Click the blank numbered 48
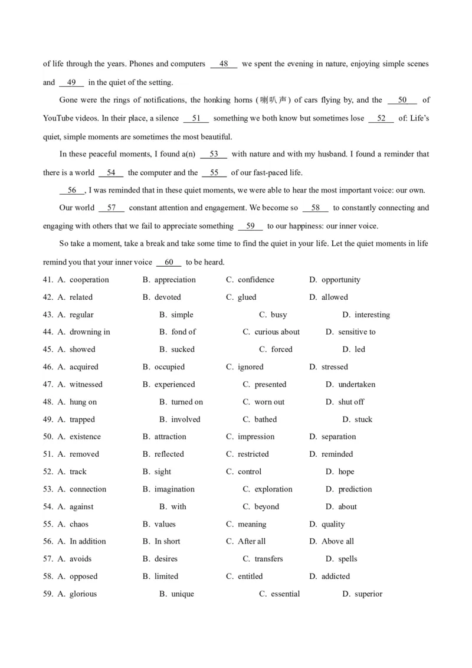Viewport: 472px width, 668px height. point(224,64)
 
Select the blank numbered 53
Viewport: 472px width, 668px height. point(214,154)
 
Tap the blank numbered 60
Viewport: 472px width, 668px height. point(169,262)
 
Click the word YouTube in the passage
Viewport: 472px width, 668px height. point(58,118)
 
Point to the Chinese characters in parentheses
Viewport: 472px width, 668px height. point(274,100)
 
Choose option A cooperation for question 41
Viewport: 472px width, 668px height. point(89,280)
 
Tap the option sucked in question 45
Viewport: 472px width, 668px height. point(182,349)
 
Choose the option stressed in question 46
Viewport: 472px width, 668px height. point(335,366)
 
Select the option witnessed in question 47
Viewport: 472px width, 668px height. point(86,384)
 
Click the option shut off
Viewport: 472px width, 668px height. point(351,402)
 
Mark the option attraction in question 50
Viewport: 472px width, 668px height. point(170,437)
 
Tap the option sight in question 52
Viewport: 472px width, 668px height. point(163,471)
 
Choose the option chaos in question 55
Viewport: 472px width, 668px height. point(79,524)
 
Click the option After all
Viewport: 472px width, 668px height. point(251,541)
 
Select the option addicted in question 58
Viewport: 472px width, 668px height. point(335,576)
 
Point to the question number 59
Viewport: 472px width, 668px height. point(48,594)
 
